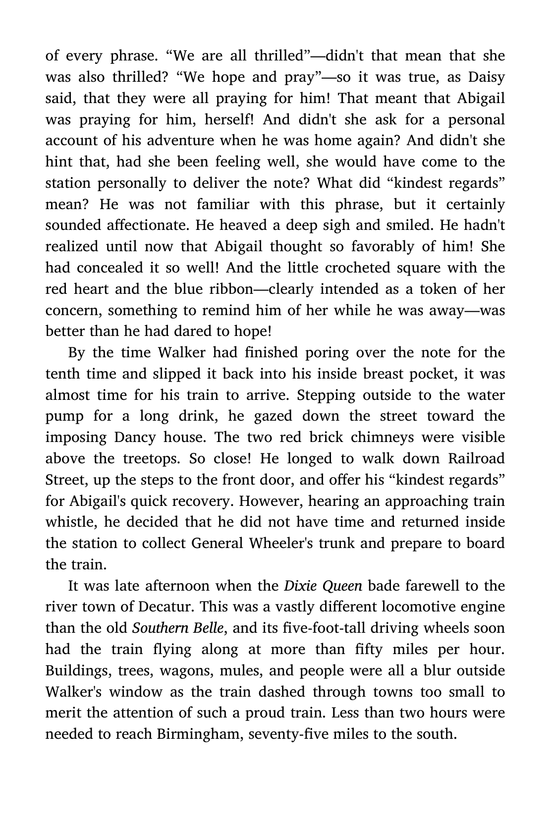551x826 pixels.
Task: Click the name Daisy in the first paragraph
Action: [486, 77]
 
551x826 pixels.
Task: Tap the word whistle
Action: [67, 522]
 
